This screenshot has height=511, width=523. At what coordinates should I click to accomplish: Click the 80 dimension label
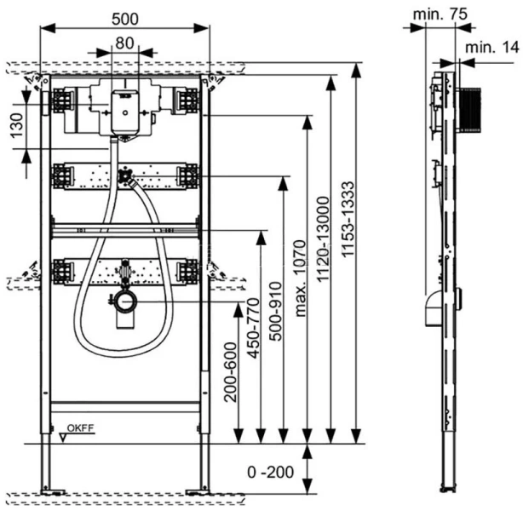coord(124,42)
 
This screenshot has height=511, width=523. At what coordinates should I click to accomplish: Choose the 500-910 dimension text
coord(275,309)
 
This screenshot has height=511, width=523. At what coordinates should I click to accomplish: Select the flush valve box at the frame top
coord(124,109)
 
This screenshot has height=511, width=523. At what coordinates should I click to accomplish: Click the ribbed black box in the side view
coord(471,110)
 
